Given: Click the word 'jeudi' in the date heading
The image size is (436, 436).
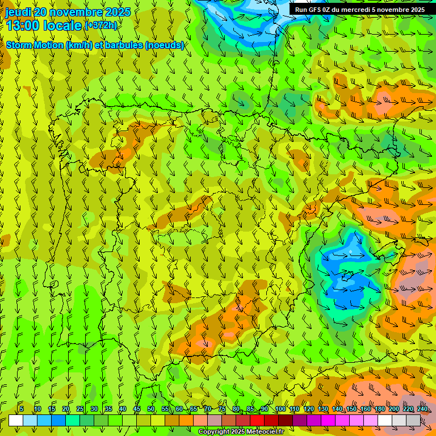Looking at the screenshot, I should point(18,12).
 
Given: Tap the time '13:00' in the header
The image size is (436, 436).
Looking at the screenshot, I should point(23,26).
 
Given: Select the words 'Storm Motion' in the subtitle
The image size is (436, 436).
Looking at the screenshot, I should point(35,45).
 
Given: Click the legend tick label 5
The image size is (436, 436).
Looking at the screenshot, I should point(22,409).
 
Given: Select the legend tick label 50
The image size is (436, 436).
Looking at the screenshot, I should point(151,409).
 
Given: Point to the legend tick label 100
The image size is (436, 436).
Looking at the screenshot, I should point(280,409).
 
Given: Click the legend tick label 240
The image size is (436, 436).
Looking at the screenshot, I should point(422,409).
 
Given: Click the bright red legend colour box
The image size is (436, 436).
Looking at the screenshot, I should point(257,420).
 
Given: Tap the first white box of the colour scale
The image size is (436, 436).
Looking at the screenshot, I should point(16,420).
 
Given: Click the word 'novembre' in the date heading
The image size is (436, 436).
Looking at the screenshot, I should point(78,12).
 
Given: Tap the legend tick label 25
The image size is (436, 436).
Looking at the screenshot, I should point(80,409).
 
